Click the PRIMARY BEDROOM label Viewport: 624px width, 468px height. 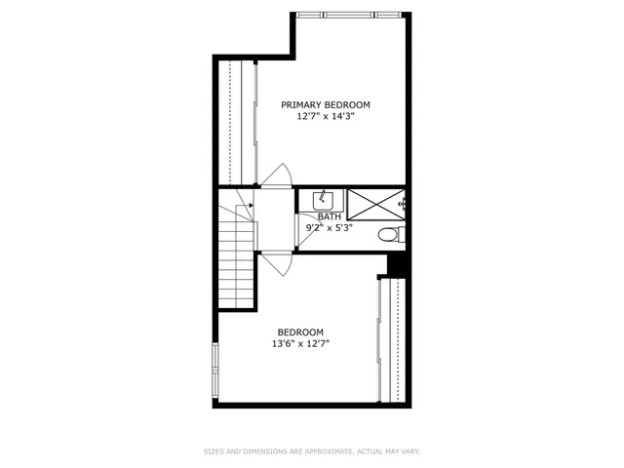click(326, 104)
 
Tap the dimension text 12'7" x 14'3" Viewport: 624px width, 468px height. click(326, 116)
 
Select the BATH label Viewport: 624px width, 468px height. click(329, 216)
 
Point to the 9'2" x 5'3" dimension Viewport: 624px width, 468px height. click(329, 228)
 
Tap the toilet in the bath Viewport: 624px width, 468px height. click(389, 234)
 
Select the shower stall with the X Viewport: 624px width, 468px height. click(372, 204)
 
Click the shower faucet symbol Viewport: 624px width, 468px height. click(403, 204)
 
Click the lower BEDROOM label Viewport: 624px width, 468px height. click(300, 331)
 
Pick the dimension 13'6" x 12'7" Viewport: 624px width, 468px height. click(300, 343)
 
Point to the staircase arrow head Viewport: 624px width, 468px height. click(251, 206)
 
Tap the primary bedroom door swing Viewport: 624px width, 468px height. click(276, 175)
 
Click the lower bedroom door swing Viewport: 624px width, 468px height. click(277, 262)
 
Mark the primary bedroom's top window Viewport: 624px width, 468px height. click(348, 14)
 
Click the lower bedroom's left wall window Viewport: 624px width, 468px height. click(215, 370)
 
